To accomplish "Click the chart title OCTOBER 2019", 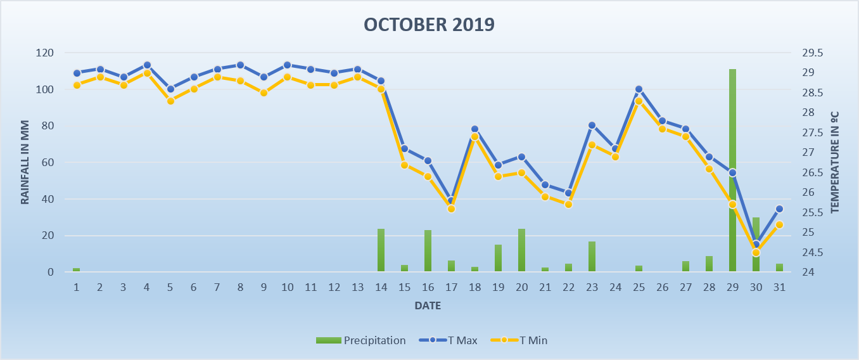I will [429, 25].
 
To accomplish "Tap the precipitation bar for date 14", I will [381, 250].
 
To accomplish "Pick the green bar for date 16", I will [428, 251].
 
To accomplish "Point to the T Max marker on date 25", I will [639, 89].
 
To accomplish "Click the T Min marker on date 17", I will [452, 209].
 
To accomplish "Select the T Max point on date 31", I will [779, 209].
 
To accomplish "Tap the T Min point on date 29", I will [732, 204].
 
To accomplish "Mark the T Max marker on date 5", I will [170, 89].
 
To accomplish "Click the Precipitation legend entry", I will [361, 340].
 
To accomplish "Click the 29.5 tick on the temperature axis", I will [813, 53].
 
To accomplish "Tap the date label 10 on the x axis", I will [288, 287].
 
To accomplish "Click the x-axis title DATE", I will [428, 305].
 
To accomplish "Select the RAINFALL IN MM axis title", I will [25, 162].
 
